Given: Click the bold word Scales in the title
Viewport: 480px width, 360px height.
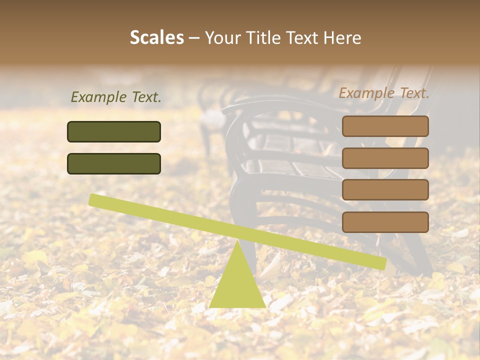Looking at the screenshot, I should pyautogui.click(x=156, y=38).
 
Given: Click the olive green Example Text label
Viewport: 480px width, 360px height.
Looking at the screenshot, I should pyautogui.click(x=116, y=97).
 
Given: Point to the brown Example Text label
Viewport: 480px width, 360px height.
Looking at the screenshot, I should pyautogui.click(x=384, y=93).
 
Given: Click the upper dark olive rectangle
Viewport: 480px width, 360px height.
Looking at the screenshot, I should pyautogui.click(x=114, y=131).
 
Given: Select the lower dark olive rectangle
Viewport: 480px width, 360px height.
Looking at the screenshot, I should pyautogui.click(x=114, y=163).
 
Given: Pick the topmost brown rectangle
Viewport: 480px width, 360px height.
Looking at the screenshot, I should pyautogui.click(x=385, y=126).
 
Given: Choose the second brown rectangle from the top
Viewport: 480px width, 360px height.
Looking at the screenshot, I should pyautogui.click(x=385, y=158).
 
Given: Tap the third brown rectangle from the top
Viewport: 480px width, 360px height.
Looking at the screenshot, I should pyautogui.click(x=385, y=190).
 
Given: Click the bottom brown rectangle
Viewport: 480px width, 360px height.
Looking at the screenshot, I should pyautogui.click(x=385, y=222).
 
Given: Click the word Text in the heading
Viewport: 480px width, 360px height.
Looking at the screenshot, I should pyautogui.click(x=301, y=38).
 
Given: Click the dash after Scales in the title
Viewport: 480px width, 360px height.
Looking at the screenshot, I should pyautogui.click(x=194, y=38).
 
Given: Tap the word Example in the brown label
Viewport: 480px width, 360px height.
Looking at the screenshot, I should pyautogui.click(x=366, y=93).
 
